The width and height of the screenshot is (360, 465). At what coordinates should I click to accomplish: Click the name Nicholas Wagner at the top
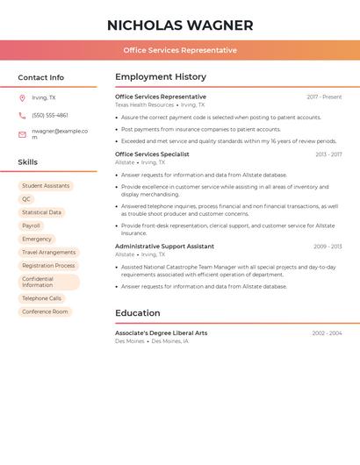point(180,25)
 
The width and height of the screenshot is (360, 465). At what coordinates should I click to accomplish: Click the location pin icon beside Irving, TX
point(22,97)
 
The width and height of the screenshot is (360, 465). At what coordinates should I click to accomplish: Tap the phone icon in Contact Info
point(22,115)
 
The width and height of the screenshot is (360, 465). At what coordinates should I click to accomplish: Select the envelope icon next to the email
point(22,134)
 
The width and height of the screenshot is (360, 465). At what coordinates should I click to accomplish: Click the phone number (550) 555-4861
point(50,115)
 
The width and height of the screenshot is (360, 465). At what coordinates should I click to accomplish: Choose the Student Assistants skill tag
point(46,186)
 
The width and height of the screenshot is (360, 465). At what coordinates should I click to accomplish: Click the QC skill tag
point(26,199)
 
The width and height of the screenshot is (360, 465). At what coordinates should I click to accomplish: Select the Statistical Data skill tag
point(41,212)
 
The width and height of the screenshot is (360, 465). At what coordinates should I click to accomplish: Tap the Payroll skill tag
point(31,225)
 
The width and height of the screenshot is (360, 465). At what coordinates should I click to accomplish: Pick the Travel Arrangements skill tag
point(48,252)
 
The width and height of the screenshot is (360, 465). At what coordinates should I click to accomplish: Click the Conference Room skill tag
point(45,311)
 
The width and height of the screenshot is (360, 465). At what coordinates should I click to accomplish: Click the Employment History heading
point(161,77)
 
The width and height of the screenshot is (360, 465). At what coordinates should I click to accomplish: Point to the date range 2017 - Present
point(324,97)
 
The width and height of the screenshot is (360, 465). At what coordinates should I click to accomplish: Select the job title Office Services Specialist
point(152,154)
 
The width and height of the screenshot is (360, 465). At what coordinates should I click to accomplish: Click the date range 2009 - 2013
point(328,247)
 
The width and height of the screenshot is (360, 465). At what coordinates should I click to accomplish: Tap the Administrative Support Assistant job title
point(164,247)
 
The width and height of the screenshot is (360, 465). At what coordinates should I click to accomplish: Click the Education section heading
point(138,313)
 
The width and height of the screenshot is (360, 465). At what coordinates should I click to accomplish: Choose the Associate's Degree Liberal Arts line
point(162,333)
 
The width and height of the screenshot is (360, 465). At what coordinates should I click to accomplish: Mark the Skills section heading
point(28,162)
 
